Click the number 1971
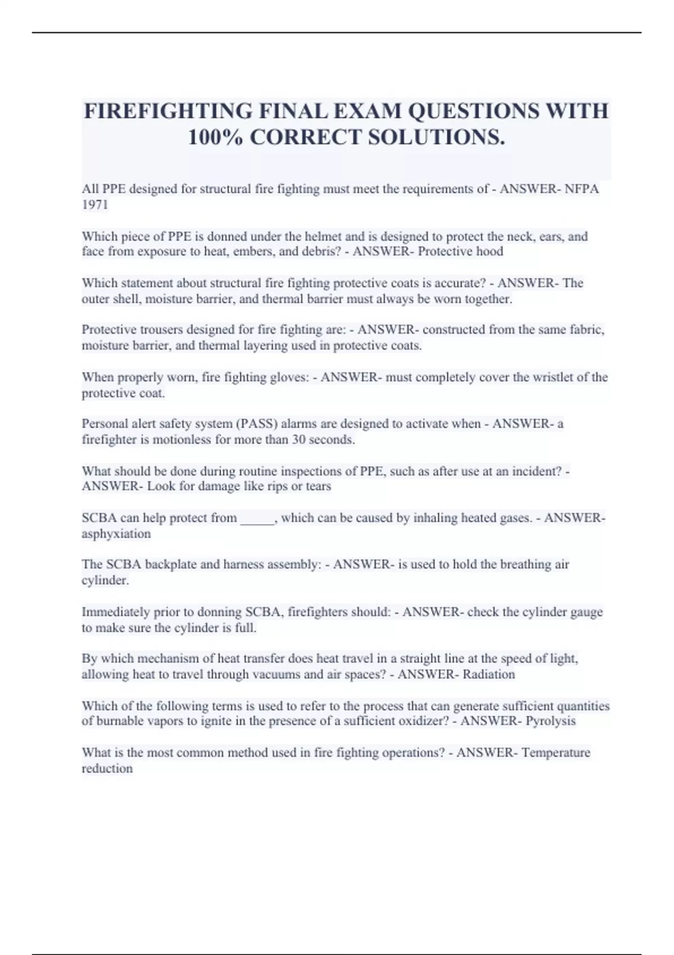pos(95,204)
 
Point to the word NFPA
pos(582,189)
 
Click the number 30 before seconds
pos(299,440)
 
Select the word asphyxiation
pos(116,534)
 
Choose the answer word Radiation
pos(489,675)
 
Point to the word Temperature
pos(556,753)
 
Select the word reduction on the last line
pos(107,768)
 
